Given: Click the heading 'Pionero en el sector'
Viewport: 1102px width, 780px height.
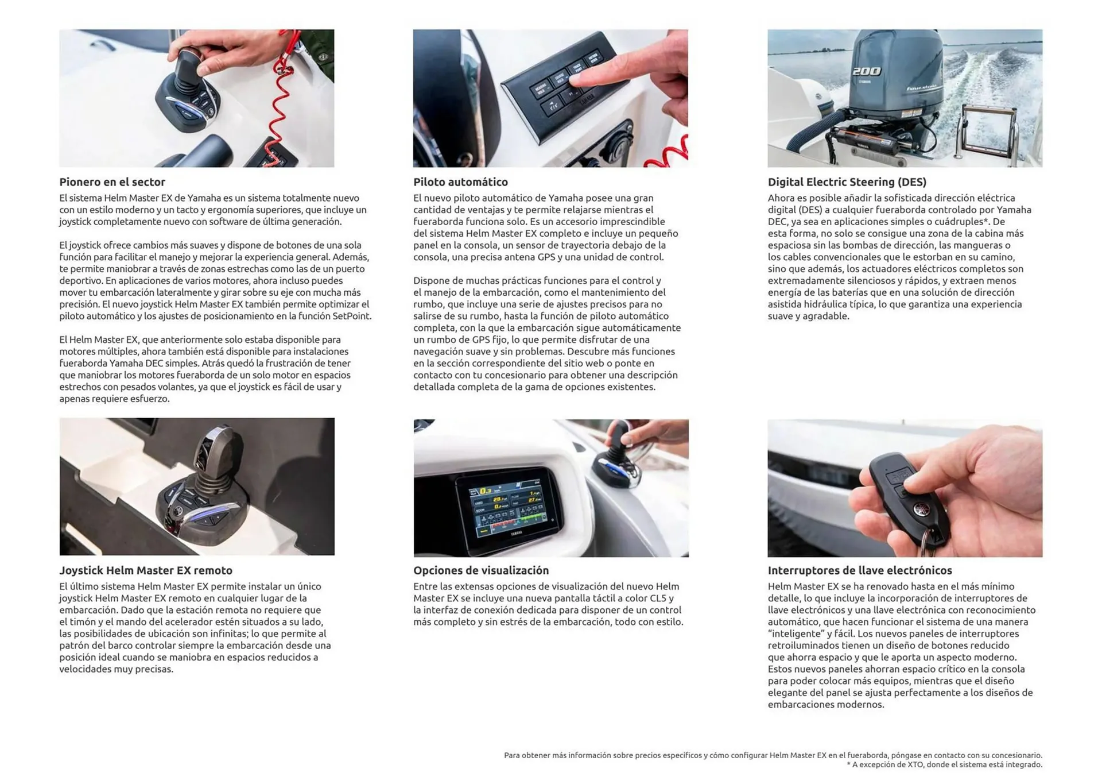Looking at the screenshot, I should click(112, 182).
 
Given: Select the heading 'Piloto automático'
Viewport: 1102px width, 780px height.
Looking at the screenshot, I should click(460, 182).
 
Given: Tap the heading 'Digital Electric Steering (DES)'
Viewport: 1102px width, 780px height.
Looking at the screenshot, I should click(847, 182).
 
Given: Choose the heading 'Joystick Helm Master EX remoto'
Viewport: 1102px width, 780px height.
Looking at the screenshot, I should click(146, 570).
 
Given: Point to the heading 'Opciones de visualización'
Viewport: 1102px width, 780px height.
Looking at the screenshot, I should click(481, 570).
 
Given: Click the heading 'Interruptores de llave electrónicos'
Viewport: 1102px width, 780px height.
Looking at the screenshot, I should click(859, 570).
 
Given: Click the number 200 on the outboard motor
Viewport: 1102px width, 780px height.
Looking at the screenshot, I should click(866, 72).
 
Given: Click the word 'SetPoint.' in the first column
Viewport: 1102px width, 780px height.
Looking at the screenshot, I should click(352, 316).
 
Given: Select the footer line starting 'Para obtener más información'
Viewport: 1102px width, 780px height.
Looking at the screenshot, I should click(773, 755).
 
